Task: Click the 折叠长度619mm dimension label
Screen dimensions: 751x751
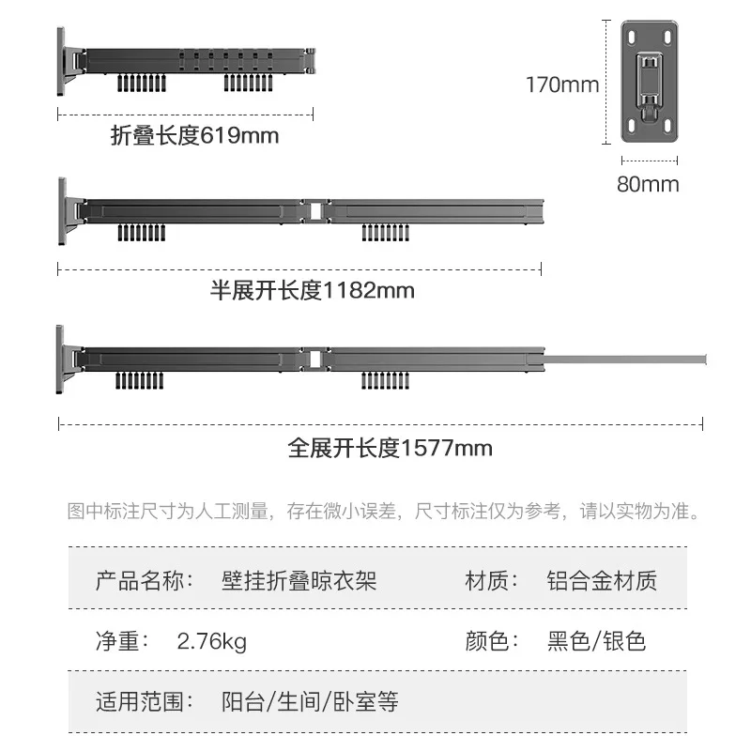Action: tap(194, 135)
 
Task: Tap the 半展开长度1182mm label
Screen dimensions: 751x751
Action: tap(313, 290)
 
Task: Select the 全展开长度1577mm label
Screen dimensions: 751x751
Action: tap(390, 449)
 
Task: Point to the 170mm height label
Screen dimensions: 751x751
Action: tap(562, 84)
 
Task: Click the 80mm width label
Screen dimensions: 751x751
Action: tap(648, 184)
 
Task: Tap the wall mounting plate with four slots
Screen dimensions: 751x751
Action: tap(650, 82)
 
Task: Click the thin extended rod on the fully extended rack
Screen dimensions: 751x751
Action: tap(625, 360)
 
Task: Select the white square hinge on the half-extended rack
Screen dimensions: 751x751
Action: tap(315, 211)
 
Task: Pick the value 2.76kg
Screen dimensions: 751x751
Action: tap(212, 642)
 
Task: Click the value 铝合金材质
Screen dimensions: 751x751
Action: tap(602, 580)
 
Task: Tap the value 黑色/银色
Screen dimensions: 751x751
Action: tap(597, 641)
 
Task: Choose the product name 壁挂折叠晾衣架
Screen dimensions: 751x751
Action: tap(299, 580)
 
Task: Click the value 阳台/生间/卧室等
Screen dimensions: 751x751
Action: tap(310, 702)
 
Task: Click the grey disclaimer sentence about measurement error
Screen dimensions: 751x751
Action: tap(383, 511)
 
